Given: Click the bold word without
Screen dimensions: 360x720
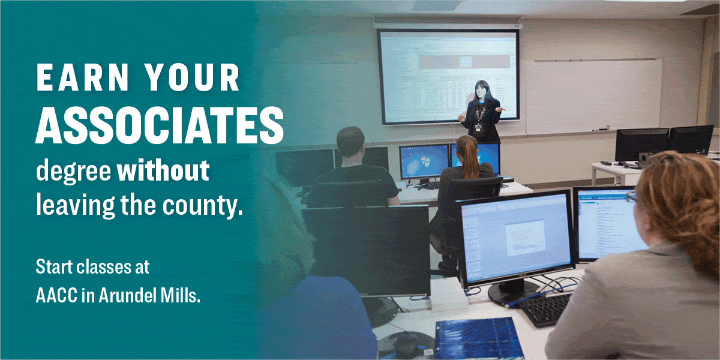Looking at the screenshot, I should coord(163,170).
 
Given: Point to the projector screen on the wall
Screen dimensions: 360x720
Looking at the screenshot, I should coord(448,75).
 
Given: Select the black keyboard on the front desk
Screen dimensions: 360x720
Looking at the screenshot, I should coord(543,309).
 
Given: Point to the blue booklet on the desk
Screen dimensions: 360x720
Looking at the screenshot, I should coord(473,340).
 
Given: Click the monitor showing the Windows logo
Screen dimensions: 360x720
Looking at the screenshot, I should coord(424,162).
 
